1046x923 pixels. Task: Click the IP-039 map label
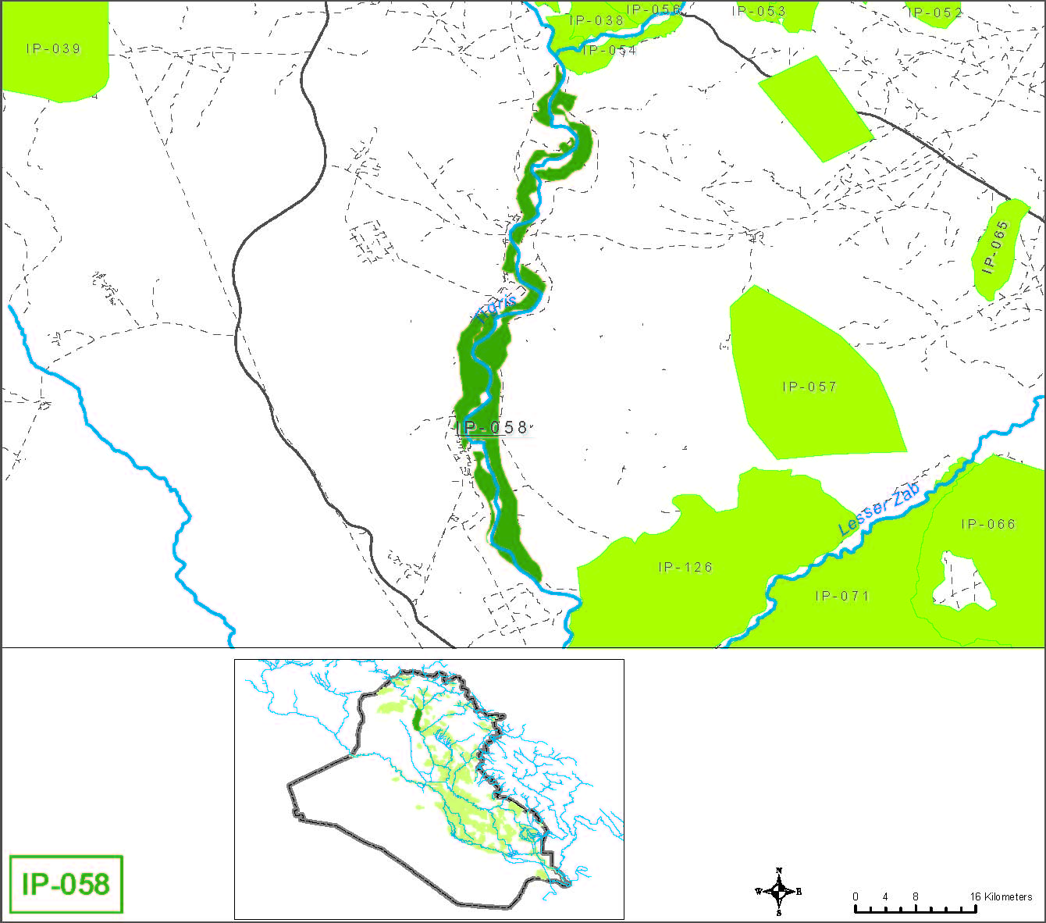click(x=54, y=49)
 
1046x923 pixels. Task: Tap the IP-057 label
click(x=809, y=387)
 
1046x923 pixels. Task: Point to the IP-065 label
click(x=995, y=247)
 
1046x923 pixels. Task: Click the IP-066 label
click(x=988, y=524)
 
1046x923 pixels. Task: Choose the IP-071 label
click(x=842, y=596)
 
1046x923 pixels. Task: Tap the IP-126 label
click(x=685, y=567)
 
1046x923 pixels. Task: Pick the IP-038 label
click(x=597, y=21)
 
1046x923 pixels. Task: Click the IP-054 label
click(x=610, y=51)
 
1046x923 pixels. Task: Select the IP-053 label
click(x=759, y=11)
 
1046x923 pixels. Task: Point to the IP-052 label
click(x=935, y=12)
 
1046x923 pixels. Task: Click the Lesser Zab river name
click(x=879, y=509)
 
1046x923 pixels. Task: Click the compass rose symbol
click(x=779, y=891)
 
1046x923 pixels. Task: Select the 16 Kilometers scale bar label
click(x=1001, y=896)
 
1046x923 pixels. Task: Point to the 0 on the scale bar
click(x=856, y=896)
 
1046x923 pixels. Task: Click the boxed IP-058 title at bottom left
click(x=66, y=884)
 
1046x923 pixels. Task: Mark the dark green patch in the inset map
click(x=418, y=717)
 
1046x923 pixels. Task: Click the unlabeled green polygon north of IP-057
click(x=815, y=109)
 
